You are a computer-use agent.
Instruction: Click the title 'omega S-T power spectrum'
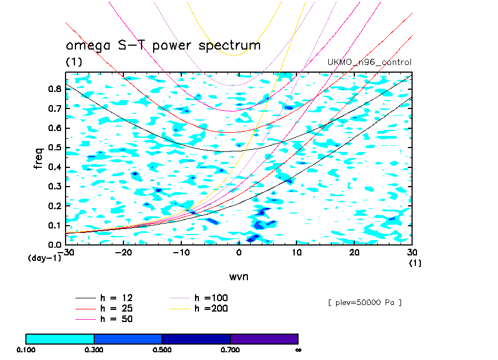coord(163,46)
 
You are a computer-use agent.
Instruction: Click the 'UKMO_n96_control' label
coord(370,62)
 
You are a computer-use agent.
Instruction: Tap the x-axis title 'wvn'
coord(239,276)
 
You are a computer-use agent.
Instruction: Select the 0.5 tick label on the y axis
coord(54,147)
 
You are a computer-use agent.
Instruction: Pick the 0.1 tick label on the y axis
coord(54,225)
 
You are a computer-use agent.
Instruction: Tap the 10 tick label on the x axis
coord(297,252)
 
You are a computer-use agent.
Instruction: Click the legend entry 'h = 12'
coord(116,298)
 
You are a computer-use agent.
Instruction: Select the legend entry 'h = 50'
coord(116,319)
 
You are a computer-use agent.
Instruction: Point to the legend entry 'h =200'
coord(212,308)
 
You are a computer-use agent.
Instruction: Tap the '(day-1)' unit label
coord(45,258)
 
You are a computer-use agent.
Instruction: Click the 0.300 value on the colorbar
coord(94,350)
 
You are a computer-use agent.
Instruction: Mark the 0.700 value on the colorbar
coord(230,350)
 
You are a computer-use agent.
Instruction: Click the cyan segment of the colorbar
coord(60,339)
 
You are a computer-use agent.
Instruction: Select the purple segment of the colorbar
coord(264,339)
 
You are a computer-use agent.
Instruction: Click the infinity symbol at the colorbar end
coord(297,350)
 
